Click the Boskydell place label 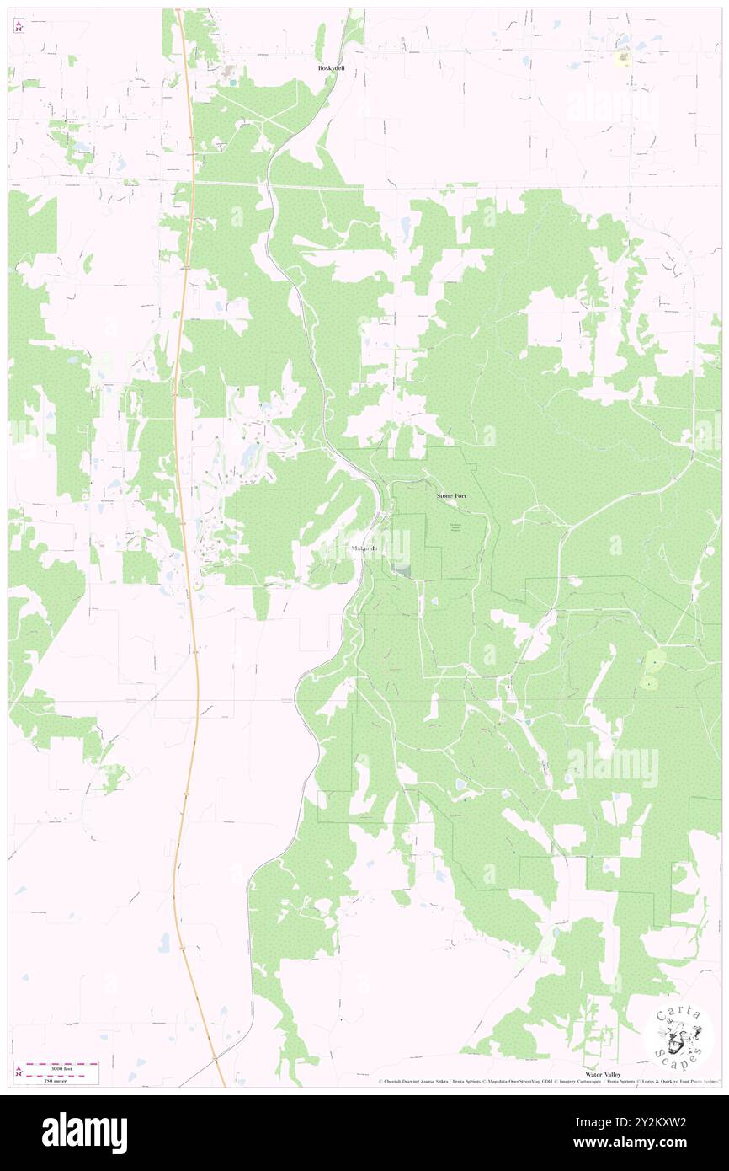[x=331, y=67]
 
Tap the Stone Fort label [x=451, y=496]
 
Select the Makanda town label [x=364, y=548]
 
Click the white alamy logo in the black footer [x=84, y=1132]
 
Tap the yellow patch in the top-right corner [x=624, y=58]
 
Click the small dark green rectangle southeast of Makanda [x=403, y=573]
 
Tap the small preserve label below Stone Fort [x=455, y=527]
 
